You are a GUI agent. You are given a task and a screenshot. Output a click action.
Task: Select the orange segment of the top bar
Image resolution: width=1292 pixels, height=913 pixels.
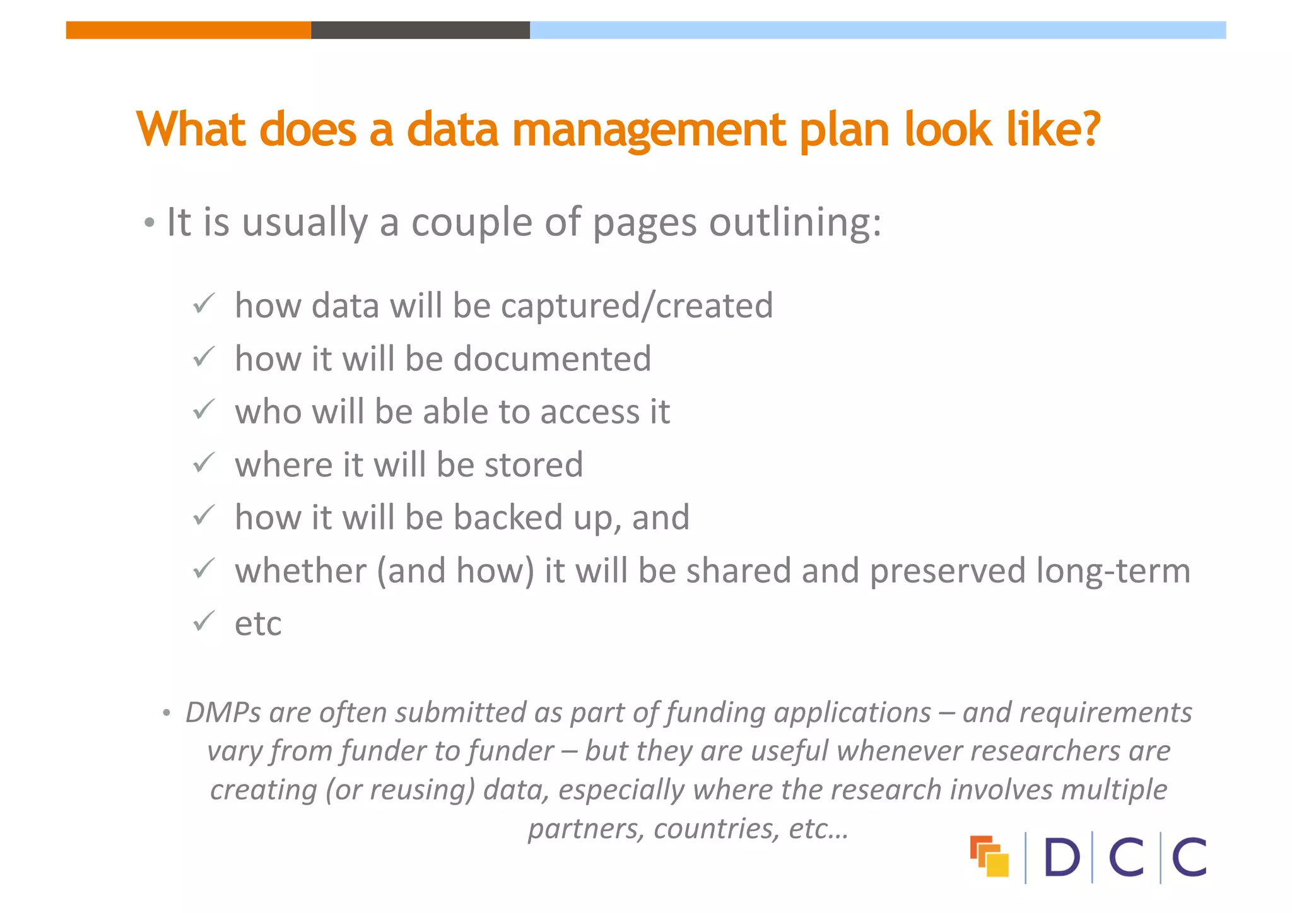click(188, 30)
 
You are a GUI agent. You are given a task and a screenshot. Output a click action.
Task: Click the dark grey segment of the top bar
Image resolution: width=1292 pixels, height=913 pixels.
click(420, 30)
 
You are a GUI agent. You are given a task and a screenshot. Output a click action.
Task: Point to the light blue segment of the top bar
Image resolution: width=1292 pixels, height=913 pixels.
click(877, 30)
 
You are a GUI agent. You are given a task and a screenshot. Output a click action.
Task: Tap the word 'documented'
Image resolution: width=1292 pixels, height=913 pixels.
click(552, 358)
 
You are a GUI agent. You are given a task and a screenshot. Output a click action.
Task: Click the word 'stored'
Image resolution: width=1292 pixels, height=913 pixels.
click(534, 465)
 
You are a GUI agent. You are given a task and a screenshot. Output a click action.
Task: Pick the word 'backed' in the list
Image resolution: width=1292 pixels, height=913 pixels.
click(508, 517)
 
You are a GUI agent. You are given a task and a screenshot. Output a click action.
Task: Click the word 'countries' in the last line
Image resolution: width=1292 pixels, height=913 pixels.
click(716, 828)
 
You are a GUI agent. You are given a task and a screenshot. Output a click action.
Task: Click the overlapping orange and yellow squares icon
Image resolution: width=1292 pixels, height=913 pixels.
click(989, 856)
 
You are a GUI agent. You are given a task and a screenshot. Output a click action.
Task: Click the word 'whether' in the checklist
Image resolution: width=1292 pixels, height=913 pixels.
click(300, 570)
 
